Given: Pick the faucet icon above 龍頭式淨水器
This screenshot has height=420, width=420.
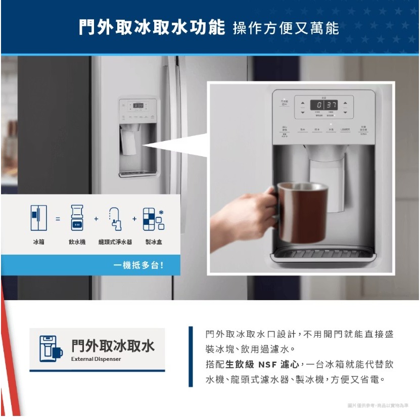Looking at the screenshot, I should click(x=115, y=218).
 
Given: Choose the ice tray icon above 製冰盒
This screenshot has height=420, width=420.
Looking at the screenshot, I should click(x=153, y=219).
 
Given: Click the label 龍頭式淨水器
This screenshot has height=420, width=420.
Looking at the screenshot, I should click(x=115, y=242).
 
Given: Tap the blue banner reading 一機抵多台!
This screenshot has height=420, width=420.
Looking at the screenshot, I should click(x=138, y=265).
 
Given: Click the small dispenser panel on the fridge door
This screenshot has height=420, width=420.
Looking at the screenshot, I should click(x=138, y=137).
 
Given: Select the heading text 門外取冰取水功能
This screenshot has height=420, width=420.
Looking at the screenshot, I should click(x=152, y=27).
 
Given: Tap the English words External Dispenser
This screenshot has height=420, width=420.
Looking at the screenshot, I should click(x=96, y=359).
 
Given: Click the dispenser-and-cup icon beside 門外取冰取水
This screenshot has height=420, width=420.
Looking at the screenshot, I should click(x=50, y=349).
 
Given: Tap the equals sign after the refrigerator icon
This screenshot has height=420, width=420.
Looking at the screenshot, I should click(x=58, y=219).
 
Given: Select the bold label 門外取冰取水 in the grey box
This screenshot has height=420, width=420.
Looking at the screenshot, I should click(x=113, y=345).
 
